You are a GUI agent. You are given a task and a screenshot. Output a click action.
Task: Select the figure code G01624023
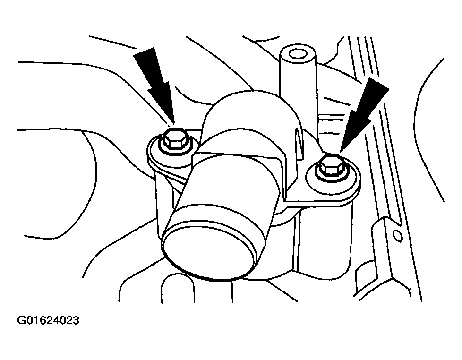tap(48, 320)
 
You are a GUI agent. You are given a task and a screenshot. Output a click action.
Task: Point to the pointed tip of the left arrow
tap(173, 124)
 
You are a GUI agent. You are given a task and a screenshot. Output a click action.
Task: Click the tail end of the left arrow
tap(144, 51)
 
